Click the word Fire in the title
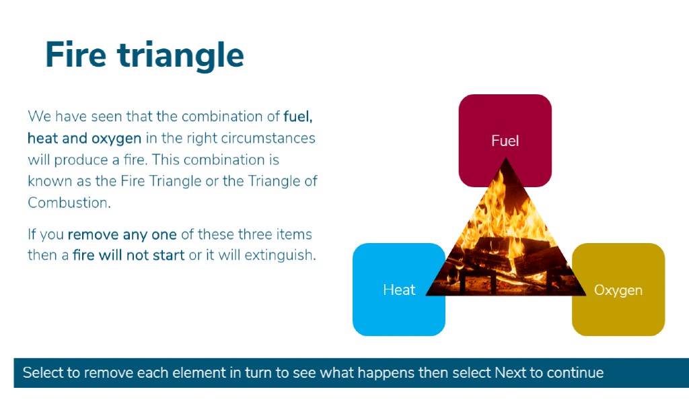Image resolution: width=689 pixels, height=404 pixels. tap(75, 55)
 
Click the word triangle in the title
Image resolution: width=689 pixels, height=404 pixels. tap(180, 57)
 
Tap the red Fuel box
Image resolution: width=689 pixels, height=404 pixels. tap(505, 132)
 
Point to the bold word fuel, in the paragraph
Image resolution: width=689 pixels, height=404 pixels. tap(298, 116)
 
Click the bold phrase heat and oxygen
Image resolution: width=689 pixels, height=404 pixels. tap(84, 139)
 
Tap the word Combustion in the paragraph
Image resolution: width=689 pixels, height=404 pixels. tap(69, 203)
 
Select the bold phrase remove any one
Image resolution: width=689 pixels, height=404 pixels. tap(122, 234)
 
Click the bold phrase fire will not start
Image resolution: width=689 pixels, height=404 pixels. tap(129, 255)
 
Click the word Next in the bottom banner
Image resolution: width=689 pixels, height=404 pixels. tap(510, 373)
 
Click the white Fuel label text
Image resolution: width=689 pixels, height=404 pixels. tap(505, 141)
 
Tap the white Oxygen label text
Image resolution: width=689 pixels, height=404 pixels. tap(618, 291)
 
